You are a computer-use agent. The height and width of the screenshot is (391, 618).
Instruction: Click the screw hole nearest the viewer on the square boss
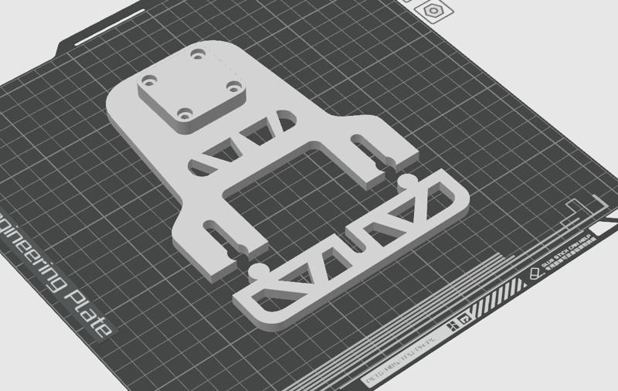point(185,114)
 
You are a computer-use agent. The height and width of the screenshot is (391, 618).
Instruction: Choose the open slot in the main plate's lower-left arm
point(220,235)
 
